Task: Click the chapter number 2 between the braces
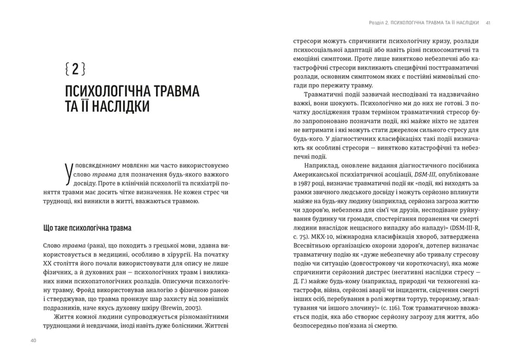pyautogui.click(x=75, y=69)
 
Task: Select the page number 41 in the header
pyautogui.click(x=488, y=23)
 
